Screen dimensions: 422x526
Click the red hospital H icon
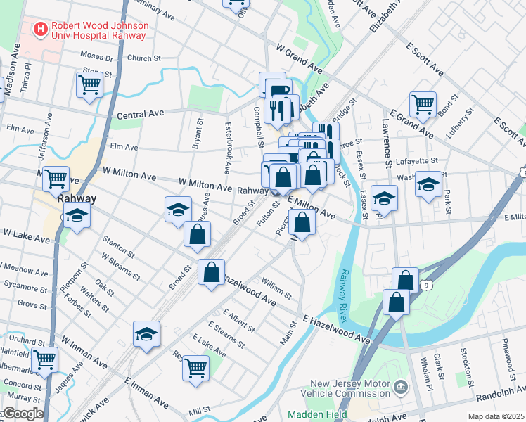(40, 30)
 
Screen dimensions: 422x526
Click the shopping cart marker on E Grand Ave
(423, 105)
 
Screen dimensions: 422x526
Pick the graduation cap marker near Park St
(428, 185)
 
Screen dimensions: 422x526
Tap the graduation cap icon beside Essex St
(384, 199)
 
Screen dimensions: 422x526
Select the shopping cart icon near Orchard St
(45, 360)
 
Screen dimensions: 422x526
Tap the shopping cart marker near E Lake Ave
(196, 366)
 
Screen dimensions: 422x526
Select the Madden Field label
(317, 414)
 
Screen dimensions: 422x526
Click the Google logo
(23, 414)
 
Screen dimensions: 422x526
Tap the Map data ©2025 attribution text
(496, 416)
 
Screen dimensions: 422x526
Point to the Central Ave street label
(140, 114)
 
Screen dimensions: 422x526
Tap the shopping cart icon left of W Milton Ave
(56, 179)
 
